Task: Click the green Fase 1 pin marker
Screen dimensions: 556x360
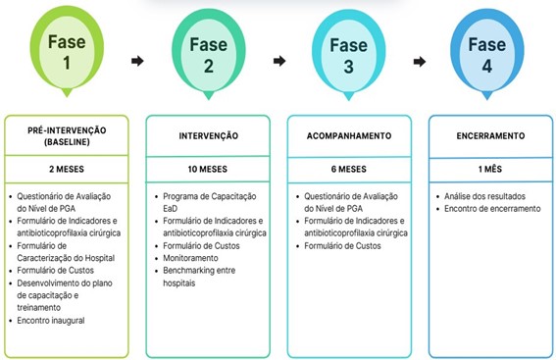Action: point(67,51)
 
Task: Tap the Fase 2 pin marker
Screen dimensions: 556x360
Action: point(209,54)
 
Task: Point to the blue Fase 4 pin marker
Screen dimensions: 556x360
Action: point(487,54)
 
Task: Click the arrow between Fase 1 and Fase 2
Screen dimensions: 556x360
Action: point(137,61)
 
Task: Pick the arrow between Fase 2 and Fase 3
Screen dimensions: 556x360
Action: point(279,61)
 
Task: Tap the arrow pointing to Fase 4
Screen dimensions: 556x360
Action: point(420,62)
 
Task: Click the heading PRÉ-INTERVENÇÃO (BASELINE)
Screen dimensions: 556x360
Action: point(67,136)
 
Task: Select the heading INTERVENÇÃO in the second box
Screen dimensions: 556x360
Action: point(209,135)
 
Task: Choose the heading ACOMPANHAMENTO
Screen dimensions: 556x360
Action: point(349,135)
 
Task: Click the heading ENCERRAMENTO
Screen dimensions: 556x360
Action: point(490,135)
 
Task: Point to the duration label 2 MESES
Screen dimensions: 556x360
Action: point(67,169)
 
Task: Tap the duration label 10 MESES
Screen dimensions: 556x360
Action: point(208,169)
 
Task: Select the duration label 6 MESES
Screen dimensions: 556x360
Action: point(348,169)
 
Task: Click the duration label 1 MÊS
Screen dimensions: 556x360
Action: point(490,169)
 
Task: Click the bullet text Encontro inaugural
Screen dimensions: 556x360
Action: point(51,321)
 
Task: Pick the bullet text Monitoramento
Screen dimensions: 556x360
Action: point(190,258)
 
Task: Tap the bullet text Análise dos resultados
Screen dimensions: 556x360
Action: point(484,196)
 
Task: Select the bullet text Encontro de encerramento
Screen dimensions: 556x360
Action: point(492,209)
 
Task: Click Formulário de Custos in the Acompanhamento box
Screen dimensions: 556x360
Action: point(342,246)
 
